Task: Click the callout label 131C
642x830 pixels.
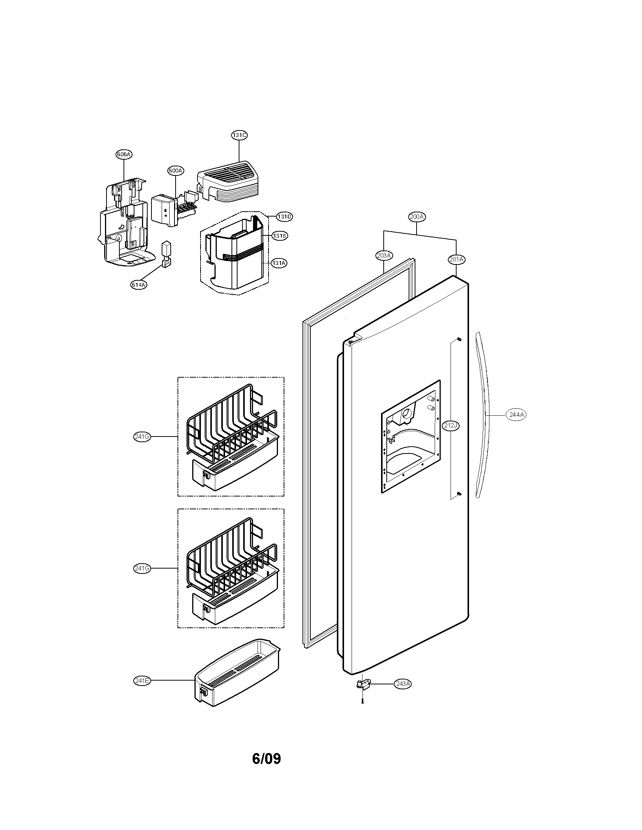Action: click(x=239, y=135)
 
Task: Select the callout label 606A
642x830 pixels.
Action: click(x=124, y=154)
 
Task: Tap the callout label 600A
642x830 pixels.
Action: click(x=175, y=171)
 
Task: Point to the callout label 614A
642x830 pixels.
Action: click(x=139, y=284)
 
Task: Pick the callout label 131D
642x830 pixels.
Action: click(x=284, y=217)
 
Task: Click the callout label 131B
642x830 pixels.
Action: click(x=279, y=236)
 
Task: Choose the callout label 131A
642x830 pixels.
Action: click(x=279, y=263)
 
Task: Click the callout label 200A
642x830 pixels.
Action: click(x=417, y=217)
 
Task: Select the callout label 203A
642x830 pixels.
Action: click(x=384, y=255)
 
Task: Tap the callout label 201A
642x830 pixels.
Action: click(x=456, y=259)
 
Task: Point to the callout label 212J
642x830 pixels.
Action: click(x=451, y=425)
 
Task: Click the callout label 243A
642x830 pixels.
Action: click(x=403, y=684)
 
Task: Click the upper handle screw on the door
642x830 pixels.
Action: click(x=460, y=339)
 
